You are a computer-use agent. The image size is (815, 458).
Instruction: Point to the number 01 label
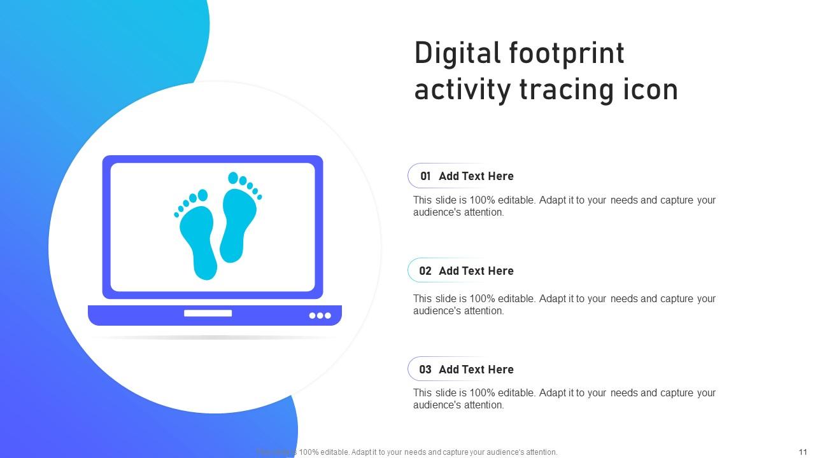pyautogui.click(x=425, y=176)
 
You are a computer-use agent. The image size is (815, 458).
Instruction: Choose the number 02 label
pyautogui.click(x=425, y=271)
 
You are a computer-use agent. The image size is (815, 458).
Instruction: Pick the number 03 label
pyautogui.click(x=425, y=370)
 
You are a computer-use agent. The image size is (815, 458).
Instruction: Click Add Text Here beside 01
pyautogui.click(x=476, y=176)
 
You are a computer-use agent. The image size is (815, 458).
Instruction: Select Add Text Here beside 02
pyautogui.click(x=476, y=271)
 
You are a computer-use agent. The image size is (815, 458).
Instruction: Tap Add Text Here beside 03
pyautogui.click(x=476, y=370)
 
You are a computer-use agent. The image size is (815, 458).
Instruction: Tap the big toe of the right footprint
pyautogui.click(x=233, y=178)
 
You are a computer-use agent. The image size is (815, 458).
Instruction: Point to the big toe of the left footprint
pyautogui.click(x=203, y=195)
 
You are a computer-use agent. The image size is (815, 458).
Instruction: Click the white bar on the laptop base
pyautogui.click(x=208, y=313)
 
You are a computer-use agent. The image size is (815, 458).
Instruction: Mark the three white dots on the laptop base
pyautogui.click(x=320, y=316)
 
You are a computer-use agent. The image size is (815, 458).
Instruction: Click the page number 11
pyautogui.click(x=802, y=452)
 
